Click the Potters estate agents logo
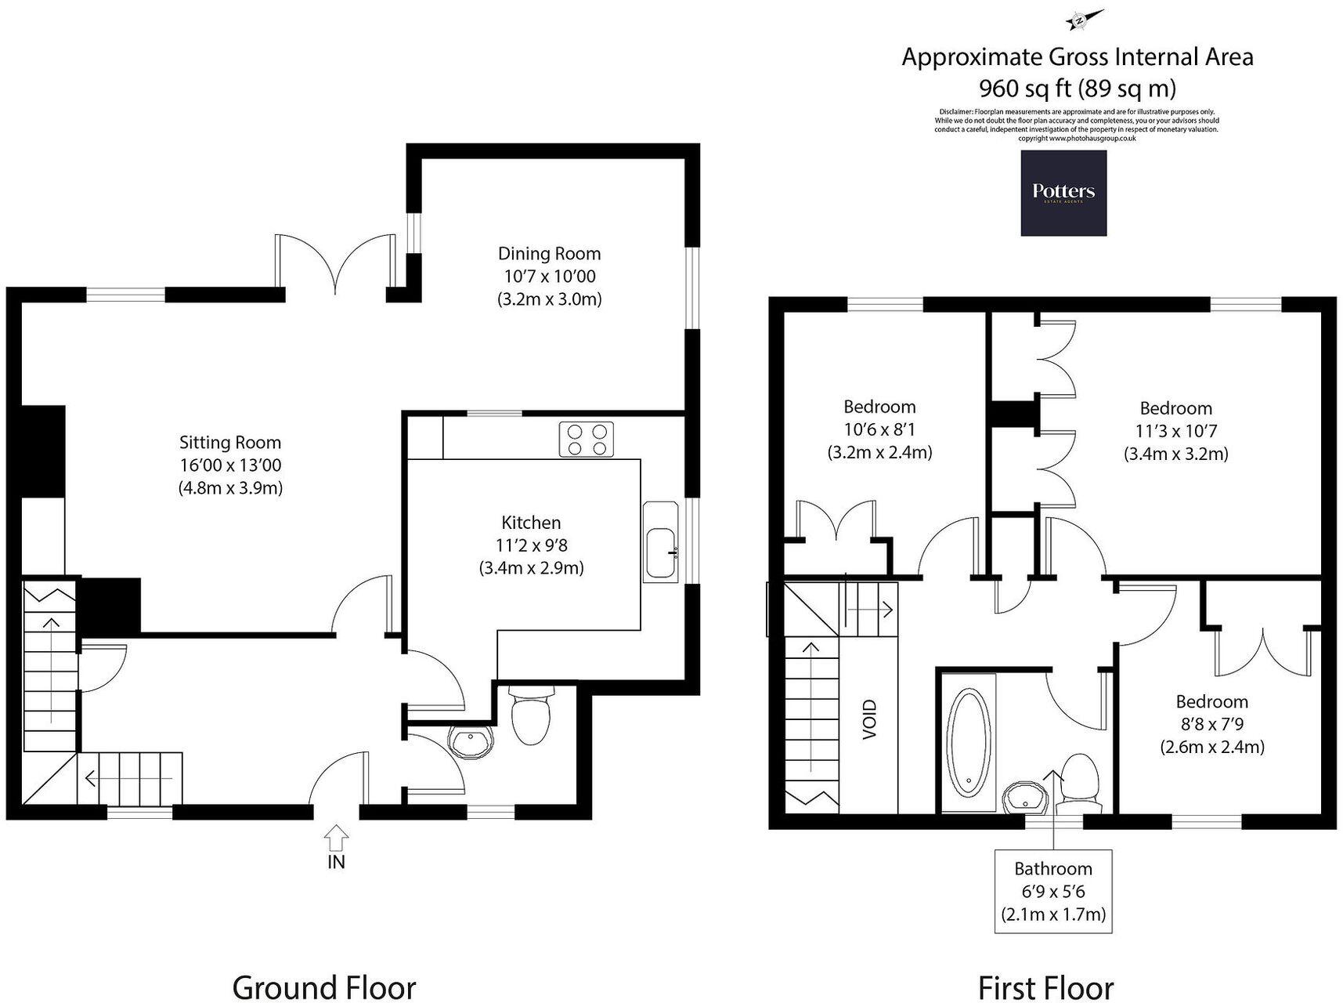(x=1063, y=193)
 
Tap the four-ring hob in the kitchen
(x=587, y=440)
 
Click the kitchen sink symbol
(x=662, y=542)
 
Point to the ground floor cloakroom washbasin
(x=471, y=742)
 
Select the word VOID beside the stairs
(x=870, y=719)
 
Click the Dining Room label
(x=549, y=254)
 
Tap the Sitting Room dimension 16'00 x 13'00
(x=230, y=465)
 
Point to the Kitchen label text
(x=531, y=523)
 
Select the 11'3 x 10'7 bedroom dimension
(x=1175, y=431)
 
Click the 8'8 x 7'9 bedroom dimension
(x=1211, y=724)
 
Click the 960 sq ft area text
(x=1077, y=88)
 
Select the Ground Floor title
(x=323, y=987)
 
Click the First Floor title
(x=1045, y=987)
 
